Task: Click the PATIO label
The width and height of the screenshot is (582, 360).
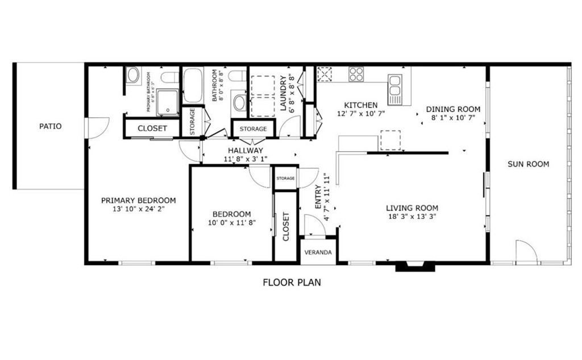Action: (51, 126)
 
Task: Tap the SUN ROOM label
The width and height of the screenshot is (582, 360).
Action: (528, 164)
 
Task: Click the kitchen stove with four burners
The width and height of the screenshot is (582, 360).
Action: (356, 74)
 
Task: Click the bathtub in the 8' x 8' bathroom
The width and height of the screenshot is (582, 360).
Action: (193, 86)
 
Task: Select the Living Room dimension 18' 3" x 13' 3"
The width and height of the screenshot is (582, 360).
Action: (412, 217)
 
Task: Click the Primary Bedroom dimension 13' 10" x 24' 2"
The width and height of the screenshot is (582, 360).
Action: (138, 209)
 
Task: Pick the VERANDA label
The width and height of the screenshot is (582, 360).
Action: (318, 252)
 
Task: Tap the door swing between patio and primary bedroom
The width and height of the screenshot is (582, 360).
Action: (96, 128)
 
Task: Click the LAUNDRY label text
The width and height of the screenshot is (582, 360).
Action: (282, 93)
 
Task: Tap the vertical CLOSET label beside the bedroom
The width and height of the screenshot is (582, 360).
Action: (286, 227)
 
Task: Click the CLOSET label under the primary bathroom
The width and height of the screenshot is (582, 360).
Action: (152, 129)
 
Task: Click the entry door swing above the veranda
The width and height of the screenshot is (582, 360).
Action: (314, 226)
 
